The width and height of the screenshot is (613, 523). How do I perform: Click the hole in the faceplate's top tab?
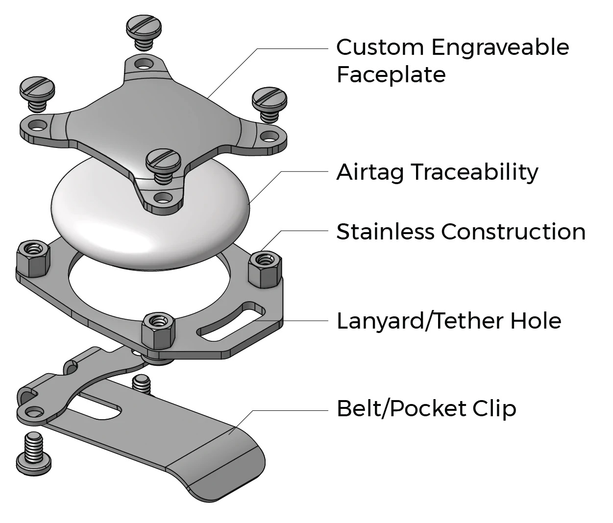click(143, 64)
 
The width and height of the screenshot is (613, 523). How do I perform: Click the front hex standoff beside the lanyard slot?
click(159, 328)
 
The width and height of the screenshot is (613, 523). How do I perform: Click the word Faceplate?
click(391, 75)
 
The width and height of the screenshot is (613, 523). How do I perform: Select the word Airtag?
click(370, 172)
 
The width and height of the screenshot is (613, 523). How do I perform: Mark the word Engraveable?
click(500, 48)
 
